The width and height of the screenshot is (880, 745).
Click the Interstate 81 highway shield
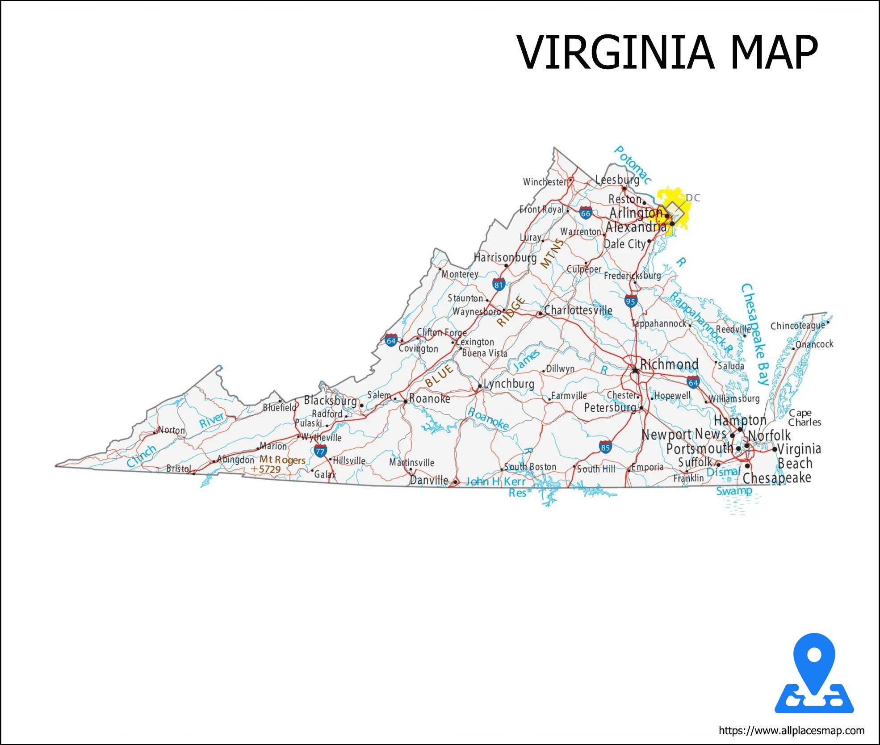[499, 284]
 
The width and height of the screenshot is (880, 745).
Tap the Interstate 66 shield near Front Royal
[586, 213]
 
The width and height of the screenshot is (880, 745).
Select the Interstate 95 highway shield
[630, 301]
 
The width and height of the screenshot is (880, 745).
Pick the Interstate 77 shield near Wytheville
[320, 451]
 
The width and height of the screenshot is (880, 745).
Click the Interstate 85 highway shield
[605, 447]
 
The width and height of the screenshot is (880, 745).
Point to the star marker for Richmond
[635, 370]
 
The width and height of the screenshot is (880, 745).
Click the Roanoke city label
[429, 398]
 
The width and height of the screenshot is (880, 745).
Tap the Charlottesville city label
[578, 310]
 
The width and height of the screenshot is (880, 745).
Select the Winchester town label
[545, 182]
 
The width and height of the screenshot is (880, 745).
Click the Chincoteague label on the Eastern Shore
[797, 326]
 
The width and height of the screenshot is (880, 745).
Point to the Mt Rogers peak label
[282, 460]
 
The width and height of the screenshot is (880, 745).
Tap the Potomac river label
[632, 164]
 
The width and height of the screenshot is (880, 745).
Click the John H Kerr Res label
[496, 482]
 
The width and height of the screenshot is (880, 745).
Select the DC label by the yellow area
[692, 197]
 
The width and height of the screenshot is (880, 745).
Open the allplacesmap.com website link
[791, 731]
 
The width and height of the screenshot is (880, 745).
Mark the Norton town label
[172, 430]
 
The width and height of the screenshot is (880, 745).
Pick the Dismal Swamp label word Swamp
[734, 491]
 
